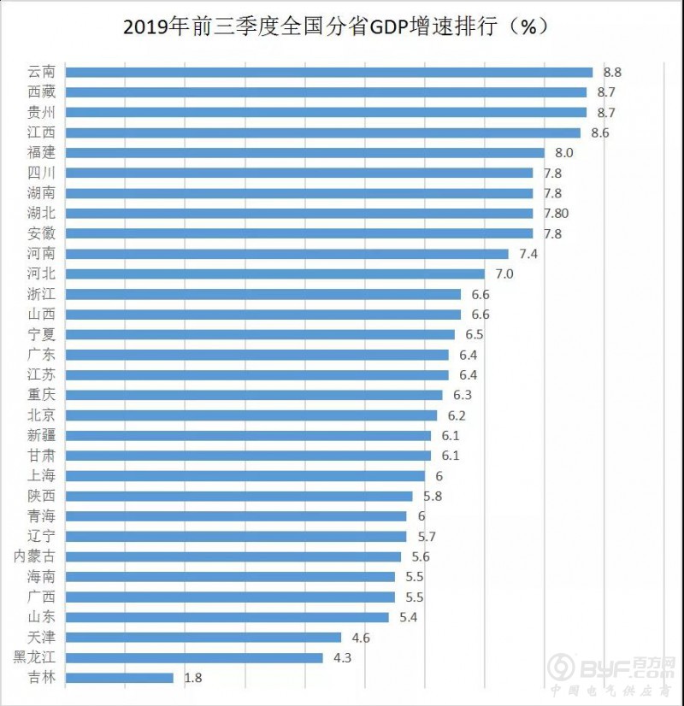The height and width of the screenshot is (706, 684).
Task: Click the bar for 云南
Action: [328, 72]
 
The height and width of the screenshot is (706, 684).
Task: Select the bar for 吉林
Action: [119, 678]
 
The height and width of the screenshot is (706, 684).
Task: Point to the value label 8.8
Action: [611, 73]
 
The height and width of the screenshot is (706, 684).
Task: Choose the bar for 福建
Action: [304, 153]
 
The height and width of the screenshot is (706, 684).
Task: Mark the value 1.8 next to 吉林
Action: [193, 679]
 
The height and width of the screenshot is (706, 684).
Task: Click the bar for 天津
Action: [203, 638]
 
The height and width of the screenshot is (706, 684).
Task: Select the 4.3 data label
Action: [343, 658]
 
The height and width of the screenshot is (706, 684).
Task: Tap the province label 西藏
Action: [41, 92]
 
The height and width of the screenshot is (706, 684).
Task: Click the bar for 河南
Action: [286, 254]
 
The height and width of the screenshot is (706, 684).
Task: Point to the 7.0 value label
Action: [504, 274]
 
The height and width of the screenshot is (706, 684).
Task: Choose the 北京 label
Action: [41, 415]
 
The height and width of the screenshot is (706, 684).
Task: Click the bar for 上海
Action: [245, 476]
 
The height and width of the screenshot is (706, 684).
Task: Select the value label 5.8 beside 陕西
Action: [432, 497]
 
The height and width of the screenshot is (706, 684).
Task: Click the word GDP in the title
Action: [389, 26]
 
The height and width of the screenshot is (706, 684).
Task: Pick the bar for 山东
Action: [227, 617]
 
